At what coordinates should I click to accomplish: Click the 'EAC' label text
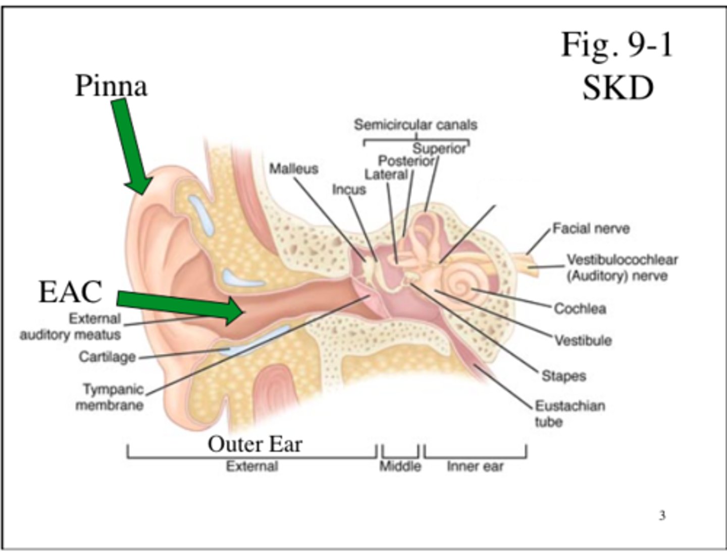[x=70, y=292]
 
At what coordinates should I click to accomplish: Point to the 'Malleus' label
[x=293, y=169]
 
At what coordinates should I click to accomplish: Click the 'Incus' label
[x=349, y=190]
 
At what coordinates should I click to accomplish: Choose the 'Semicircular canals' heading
[x=415, y=125]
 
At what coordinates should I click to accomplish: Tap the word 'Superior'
[x=439, y=149]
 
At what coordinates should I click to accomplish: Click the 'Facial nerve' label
[x=591, y=229]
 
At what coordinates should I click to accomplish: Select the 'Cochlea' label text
[x=580, y=308]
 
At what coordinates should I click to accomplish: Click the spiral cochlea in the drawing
[x=460, y=286]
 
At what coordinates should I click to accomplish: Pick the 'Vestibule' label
[x=583, y=341]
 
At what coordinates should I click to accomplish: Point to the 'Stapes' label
[x=563, y=376]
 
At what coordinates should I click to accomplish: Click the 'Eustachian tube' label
[x=569, y=413]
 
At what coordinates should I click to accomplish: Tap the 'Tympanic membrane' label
[x=110, y=397]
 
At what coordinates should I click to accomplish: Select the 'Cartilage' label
[x=107, y=357]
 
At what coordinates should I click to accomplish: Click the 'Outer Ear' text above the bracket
[x=254, y=444]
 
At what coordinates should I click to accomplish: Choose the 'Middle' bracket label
[x=400, y=466]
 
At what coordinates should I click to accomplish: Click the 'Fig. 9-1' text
[x=617, y=44]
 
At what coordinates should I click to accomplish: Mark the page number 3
[x=662, y=515]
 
